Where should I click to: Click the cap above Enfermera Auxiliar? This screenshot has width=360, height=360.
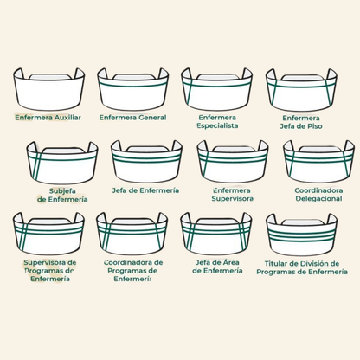click(48, 89)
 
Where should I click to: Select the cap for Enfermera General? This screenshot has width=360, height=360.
click(133, 89)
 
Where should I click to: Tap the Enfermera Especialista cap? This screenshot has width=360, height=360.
click(217, 89)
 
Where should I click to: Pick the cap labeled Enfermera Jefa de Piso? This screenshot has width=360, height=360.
click(301, 89)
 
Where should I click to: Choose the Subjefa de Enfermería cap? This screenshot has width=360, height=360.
click(62, 163)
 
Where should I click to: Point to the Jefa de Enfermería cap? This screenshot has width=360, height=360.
click(146, 162)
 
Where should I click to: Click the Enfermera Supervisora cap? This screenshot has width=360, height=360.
click(233, 162)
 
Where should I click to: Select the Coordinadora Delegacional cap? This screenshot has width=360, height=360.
click(319, 162)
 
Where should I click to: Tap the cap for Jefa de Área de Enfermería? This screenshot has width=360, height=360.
click(216, 234)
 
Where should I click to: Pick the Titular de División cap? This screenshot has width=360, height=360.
click(302, 235)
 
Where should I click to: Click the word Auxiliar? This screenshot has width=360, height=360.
click(67, 118)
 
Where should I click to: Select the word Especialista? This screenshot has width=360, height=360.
click(217, 126)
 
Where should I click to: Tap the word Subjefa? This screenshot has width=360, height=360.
click(62, 191)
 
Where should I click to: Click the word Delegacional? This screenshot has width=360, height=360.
click(318, 199)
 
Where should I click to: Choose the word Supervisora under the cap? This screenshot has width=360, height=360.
click(233, 199)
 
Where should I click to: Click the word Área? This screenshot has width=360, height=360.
click(232, 262)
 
